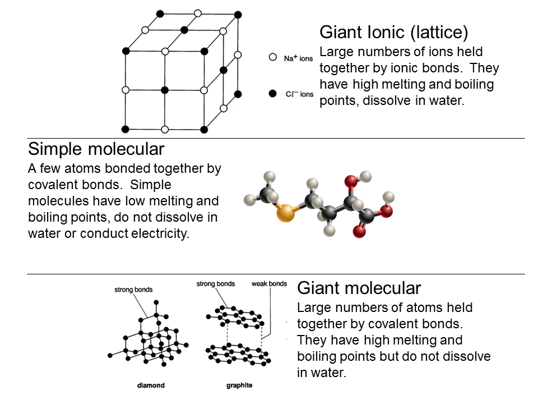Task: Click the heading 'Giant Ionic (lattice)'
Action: click(x=393, y=32)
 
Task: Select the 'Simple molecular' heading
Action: click(x=96, y=149)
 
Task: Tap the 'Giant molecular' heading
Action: click(x=359, y=288)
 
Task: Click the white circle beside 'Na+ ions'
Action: click(x=273, y=57)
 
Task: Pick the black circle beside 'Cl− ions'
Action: click(x=273, y=94)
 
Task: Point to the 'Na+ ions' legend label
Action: click(x=298, y=57)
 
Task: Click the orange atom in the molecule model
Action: click(x=286, y=213)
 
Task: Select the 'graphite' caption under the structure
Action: click(x=239, y=385)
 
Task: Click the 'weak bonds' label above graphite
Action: click(x=270, y=284)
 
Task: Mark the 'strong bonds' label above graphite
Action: click(x=216, y=284)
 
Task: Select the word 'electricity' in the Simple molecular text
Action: click(x=160, y=233)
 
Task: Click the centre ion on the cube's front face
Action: click(x=165, y=90)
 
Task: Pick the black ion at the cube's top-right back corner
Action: click(x=238, y=13)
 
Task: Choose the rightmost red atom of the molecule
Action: click(x=386, y=211)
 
